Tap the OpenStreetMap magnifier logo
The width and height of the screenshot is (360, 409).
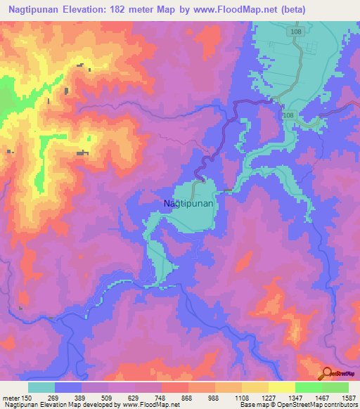click(328, 374)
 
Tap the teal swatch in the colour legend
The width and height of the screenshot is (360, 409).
click(41, 387)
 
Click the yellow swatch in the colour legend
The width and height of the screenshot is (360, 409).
click(281, 387)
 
